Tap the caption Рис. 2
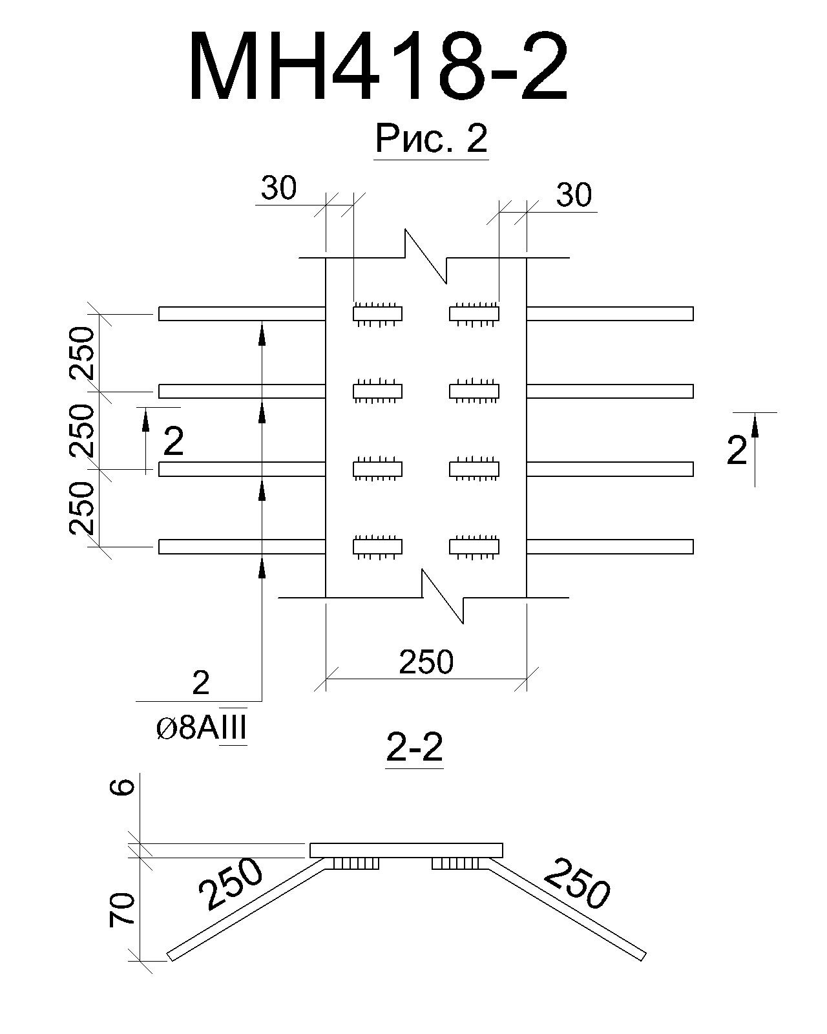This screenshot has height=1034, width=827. pos(431,138)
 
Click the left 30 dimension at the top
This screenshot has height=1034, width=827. pos(278,188)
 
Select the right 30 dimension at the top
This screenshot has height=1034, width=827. pos(574,195)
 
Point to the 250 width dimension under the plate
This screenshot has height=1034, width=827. pos(426,662)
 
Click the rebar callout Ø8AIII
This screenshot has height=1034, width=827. pos(202,729)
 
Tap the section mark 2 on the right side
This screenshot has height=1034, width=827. pos(737,450)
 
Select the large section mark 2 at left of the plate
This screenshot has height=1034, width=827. pos(173,441)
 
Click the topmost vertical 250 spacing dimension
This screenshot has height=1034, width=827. pos(81,353)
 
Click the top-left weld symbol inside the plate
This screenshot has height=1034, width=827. pos(377,314)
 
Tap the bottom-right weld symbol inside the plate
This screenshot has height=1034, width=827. pos(474,547)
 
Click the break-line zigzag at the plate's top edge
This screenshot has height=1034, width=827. pos(426,257)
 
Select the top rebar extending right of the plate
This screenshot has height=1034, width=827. pos(610,313)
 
